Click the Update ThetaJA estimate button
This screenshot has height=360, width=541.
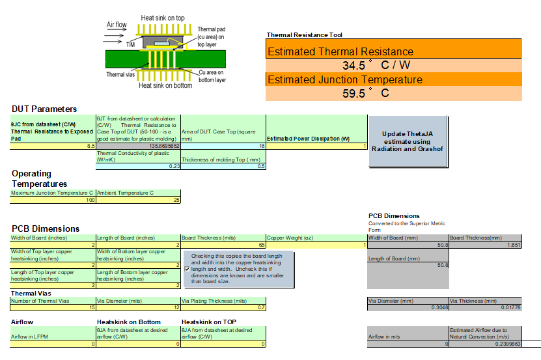pos(408,141)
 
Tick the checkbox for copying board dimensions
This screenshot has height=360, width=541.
pos(187,268)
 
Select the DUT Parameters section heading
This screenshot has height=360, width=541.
pos(44,109)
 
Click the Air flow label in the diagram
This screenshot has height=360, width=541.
pos(117,25)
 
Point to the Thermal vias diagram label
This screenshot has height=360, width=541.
pos(120,74)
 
